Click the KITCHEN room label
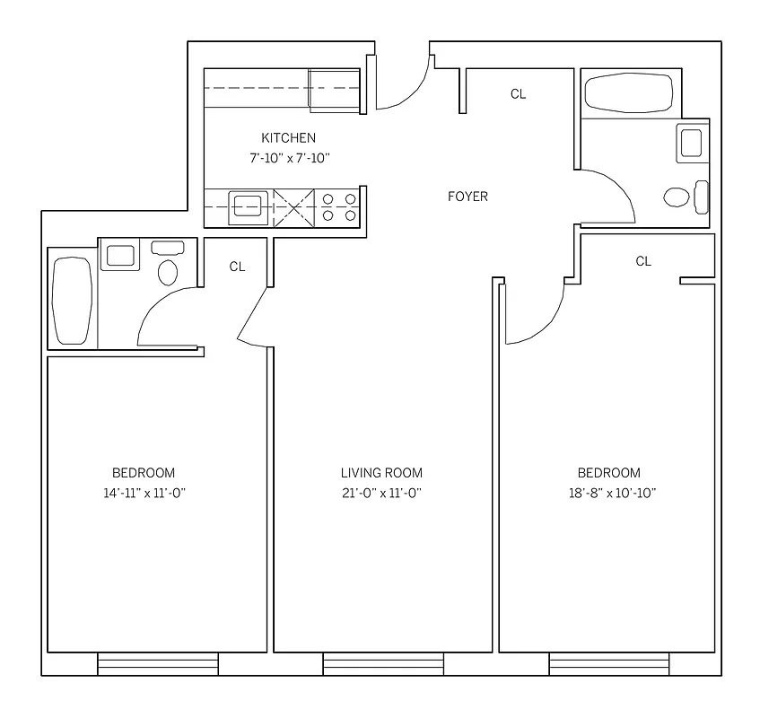point(288,138)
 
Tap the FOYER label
point(467,197)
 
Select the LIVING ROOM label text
point(381,473)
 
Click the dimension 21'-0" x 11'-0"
point(381,493)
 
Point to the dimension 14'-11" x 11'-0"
point(144,493)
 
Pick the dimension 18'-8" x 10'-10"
point(609,493)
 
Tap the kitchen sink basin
point(245,207)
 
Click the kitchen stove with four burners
point(339,207)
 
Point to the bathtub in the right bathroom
point(628,92)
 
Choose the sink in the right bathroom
point(689,144)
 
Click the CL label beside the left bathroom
point(237,267)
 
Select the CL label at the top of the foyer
point(518,93)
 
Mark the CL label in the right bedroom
point(643,261)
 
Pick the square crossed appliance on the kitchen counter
point(293,207)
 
